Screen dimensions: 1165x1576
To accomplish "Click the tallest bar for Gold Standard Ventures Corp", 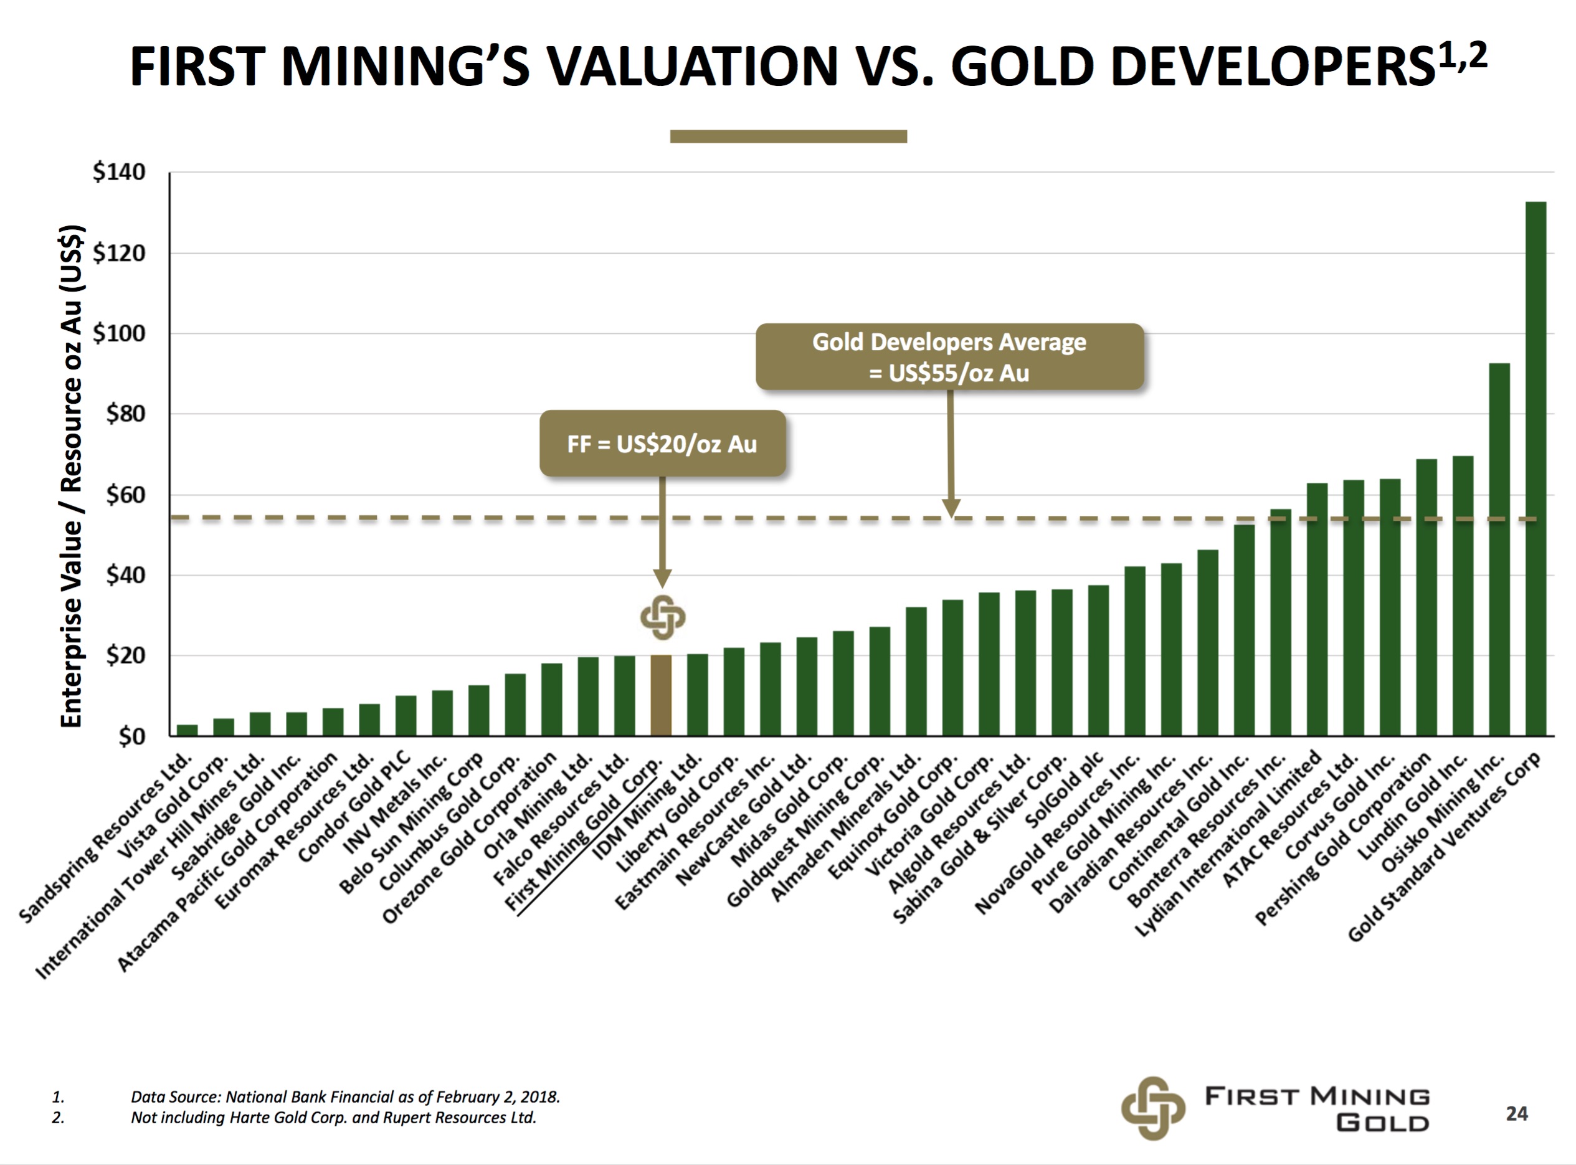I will pyautogui.click(x=1535, y=469).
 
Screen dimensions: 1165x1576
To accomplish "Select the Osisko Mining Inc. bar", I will pyautogui.click(x=1498, y=550).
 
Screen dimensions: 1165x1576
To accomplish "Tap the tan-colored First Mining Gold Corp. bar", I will pyautogui.click(x=661, y=695).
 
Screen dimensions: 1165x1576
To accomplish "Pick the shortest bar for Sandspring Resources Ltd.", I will pyautogui.click(x=187, y=730).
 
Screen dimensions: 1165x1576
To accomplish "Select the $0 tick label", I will pyautogui.click(x=131, y=737).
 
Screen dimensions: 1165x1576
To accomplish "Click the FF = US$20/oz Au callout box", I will pyautogui.click(x=662, y=444).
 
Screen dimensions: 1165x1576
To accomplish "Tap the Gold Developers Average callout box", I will pyautogui.click(x=949, y=357).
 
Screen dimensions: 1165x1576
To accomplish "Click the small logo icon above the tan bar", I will pyautogui.click(x=662, y=617).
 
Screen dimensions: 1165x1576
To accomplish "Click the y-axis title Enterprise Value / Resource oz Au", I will pyautogui.click(x=72, y=476).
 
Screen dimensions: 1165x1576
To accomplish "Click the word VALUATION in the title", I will pyautogui.click(x=693, y=67).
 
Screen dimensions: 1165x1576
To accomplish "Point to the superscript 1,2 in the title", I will pyautogui.click(x=1463, y=55).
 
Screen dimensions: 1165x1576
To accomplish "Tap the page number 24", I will pyautogui.click(x=1516, y=1113).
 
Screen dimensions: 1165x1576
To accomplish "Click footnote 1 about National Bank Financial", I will pyautogui.click(x=345, y=1096).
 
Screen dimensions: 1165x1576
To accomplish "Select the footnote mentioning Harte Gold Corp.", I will pyautogui.click(x=333, y=1118).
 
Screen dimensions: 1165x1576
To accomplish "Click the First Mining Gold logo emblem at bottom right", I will pyautogui.click(x=1152, y=1108).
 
